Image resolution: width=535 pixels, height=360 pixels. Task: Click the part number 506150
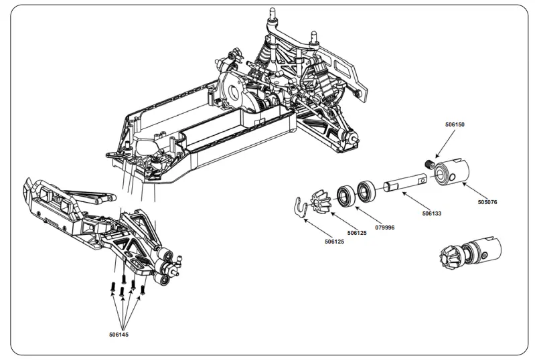point(454,124)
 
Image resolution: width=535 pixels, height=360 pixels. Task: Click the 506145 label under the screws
point(119,334)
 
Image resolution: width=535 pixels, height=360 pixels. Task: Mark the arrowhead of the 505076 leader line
point(461,184)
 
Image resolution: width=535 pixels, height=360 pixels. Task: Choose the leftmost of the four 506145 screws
point(112,287)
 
